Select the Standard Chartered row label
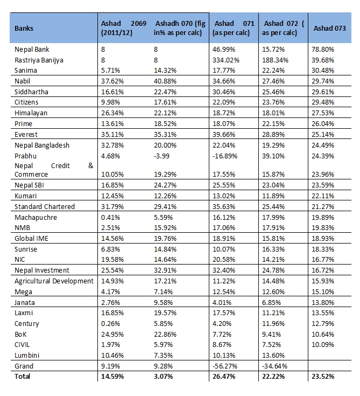45,207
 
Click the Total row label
22,377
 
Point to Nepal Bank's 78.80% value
322,49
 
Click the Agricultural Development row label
54,281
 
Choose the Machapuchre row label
36,217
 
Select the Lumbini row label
27,355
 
